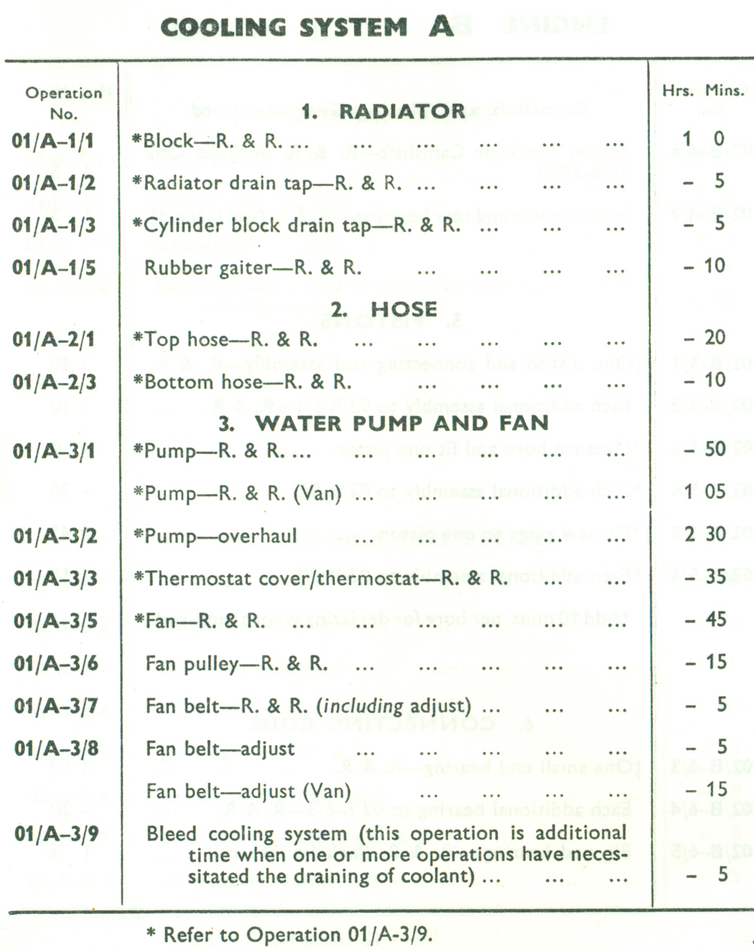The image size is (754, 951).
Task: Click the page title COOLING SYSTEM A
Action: coord(307,27)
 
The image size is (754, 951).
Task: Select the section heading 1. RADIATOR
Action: coord(383,112)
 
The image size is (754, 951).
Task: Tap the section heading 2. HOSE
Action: coord(384,309)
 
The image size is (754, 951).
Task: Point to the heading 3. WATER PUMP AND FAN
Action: coord(384,423)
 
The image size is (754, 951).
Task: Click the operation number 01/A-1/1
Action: coord(53,140)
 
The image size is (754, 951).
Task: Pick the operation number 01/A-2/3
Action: coord(54,382)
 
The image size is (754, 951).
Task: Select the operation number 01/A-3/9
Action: coord(56,834)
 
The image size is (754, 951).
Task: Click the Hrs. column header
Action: coord(678,91)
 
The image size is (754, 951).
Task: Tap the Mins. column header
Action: coord(724,91)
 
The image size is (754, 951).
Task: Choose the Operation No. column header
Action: coord(63,103)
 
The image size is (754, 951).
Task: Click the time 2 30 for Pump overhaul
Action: coord(705,535)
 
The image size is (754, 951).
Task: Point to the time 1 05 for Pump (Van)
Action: coord(705,492)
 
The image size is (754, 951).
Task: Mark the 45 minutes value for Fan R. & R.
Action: coord(716,619)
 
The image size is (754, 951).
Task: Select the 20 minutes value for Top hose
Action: coord(715,338)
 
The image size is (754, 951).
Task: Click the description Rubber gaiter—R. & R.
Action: coord(253,268)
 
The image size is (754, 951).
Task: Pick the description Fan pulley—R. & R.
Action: coord(237,664)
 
